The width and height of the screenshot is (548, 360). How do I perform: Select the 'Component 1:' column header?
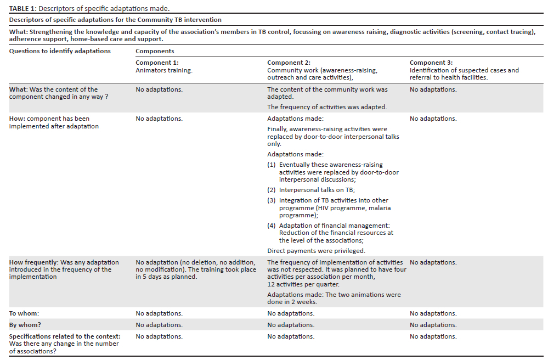click(x=157, y=63)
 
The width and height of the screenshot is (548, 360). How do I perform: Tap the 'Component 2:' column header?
click(x=289, y=63)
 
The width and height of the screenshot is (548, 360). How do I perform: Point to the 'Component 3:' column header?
click(x=431, y=63)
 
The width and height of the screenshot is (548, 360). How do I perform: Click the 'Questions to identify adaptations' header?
click(x=60, y=51)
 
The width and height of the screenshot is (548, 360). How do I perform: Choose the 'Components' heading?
click(x=155, y=51)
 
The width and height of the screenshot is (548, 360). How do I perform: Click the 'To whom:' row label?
click(x=24, y=313)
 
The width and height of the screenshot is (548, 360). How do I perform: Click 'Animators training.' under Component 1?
click(x=164, y=70)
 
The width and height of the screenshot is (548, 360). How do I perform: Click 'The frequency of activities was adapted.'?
click(x=327, y=107)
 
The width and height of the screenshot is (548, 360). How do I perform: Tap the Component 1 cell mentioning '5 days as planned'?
click(x=195, y=269)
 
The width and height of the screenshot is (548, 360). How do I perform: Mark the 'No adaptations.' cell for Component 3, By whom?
click(x=433, y=325)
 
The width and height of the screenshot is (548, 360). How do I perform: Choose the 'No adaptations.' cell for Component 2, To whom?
click(x=291, y=313)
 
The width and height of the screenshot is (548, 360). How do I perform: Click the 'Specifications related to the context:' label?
click(x=65, y=336)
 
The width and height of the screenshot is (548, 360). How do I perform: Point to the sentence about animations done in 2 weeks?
click(x=334, y=298)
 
